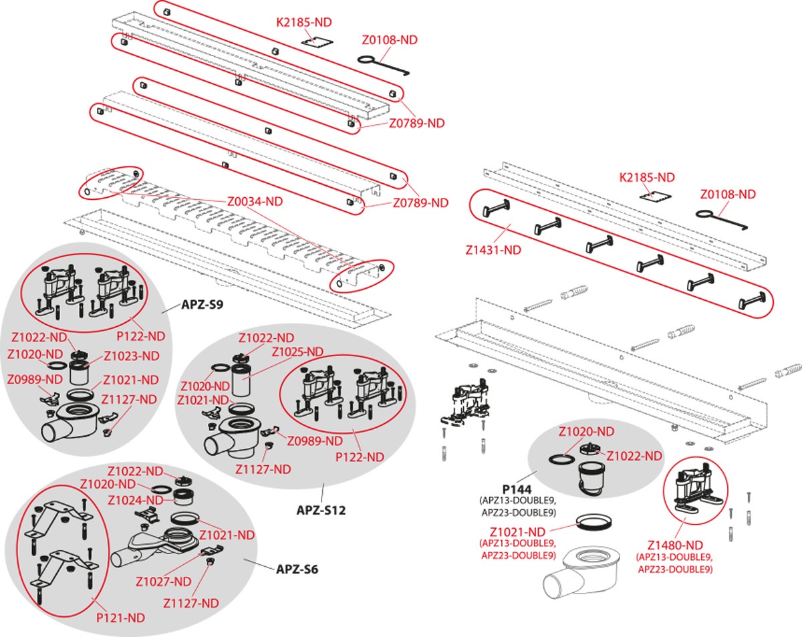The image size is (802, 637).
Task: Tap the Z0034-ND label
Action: point(255,200)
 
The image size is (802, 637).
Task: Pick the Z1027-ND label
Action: point(163,581)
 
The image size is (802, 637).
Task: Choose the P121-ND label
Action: point(121,618)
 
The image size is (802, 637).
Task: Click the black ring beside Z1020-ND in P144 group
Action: point(560,460)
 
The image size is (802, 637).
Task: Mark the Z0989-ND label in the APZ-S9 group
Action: point(35,380)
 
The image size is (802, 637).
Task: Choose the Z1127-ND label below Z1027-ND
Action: point(191,603)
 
